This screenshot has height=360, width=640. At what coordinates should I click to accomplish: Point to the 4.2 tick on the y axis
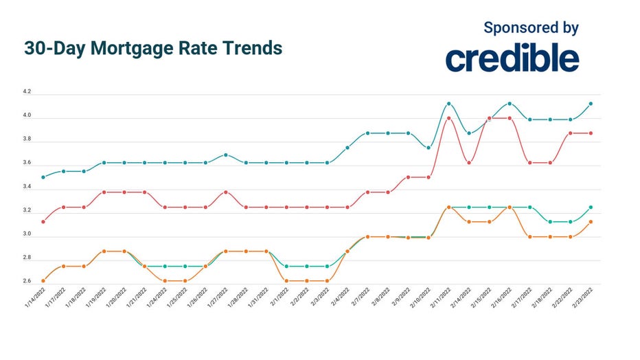coord(27,92)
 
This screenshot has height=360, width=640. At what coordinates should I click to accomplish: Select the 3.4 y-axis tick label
coord(27,187)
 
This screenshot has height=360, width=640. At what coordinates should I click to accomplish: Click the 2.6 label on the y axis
coord(27,282)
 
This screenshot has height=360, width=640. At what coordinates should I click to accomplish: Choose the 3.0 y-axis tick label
coord(27,234)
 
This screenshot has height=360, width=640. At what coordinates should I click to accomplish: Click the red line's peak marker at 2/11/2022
coord(448,118)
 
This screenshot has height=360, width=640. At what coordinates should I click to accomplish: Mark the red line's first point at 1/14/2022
coord(43,222)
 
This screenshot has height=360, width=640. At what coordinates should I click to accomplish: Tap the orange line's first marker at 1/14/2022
coord(43,281)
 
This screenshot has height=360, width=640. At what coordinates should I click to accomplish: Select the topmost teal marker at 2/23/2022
coord(591,104)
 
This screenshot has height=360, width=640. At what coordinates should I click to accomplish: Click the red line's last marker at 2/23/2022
coord(591,133)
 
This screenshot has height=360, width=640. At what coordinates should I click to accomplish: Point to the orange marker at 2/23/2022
coord(591,222)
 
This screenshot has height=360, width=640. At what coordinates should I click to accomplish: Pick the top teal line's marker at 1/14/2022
coord(43,177)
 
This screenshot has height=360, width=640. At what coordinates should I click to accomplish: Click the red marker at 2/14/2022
coord(469,163)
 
